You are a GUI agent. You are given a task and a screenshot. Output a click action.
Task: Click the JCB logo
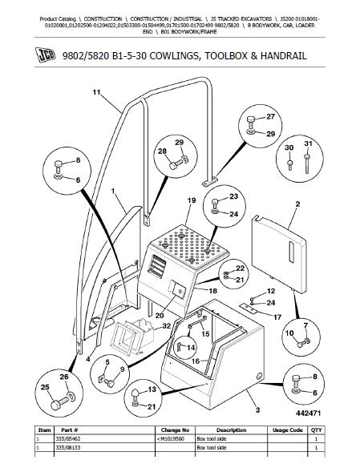tap(45, 54)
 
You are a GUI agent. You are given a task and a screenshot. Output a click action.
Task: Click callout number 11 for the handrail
tap(96, 92)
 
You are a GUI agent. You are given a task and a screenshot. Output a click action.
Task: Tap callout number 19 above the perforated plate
tap(192, 200)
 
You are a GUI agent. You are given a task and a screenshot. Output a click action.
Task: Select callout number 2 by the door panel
tap(297, 204)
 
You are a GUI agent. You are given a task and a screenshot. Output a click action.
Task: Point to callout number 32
tap(166, 326)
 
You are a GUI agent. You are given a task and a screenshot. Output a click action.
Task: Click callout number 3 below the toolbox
tap(257, 409)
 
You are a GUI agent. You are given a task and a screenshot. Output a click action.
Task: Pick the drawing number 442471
tap(308, 414)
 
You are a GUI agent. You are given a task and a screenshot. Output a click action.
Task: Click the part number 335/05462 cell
tap(68, 439)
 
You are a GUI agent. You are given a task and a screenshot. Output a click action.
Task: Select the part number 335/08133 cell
tap(68, 448)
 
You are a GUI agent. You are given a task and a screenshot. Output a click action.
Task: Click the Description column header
tap(232, 430)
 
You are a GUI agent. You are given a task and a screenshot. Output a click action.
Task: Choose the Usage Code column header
tap(287, 430)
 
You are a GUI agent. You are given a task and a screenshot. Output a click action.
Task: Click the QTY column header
tap(317, 430)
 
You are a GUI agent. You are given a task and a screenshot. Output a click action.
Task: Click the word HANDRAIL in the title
tap(284, 56)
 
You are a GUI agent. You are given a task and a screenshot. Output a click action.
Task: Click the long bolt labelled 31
tap(307, 164)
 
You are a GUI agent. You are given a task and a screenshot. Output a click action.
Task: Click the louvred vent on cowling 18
tap(156, 266)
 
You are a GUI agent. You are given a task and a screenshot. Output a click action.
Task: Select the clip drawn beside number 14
tap(179, 348)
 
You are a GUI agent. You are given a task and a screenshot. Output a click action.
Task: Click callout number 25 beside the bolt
tap(45, 387)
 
